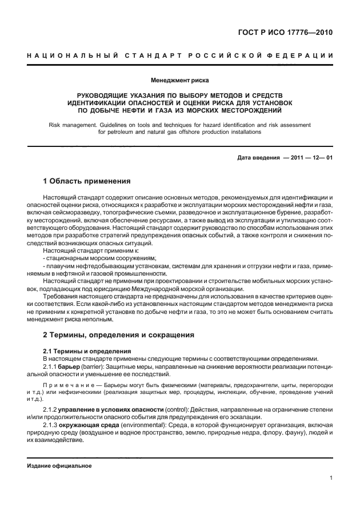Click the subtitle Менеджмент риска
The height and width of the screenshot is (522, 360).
180,81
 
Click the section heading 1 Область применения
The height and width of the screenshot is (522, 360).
87,181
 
